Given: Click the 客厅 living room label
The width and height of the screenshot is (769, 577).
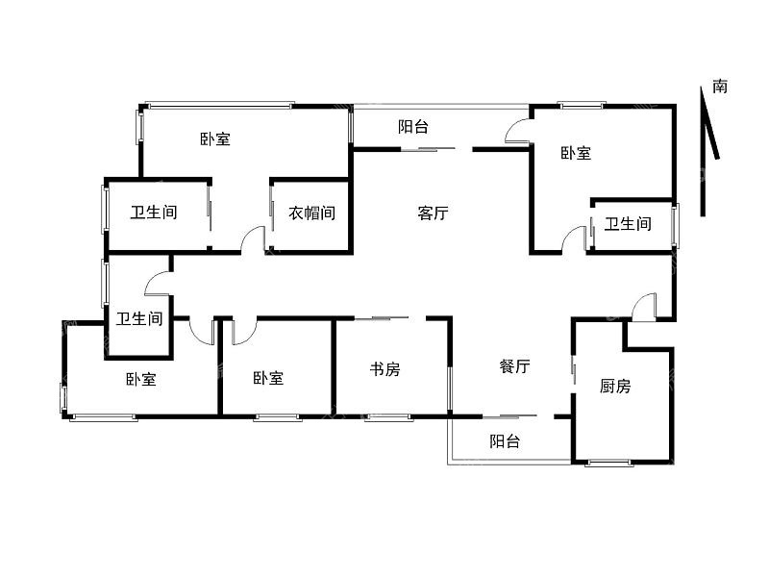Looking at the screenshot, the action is [433, 213].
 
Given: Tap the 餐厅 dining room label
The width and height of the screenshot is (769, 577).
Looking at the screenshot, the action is [514, 366].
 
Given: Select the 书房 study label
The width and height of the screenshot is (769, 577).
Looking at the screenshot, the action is [385, 368].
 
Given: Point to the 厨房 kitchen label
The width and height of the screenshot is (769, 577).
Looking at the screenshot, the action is [615, 387].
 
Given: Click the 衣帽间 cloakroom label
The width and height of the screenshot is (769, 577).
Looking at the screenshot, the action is [311, 213].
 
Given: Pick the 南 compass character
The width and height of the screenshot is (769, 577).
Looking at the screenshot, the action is [720, 87].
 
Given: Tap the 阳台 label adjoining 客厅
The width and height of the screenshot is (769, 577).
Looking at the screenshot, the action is [413, 127].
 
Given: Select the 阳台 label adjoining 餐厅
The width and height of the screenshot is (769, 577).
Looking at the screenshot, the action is [505, 440].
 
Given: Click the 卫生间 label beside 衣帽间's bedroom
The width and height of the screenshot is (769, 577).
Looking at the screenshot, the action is [154, 213].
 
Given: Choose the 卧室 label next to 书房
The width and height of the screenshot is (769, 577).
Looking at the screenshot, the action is [268, 378].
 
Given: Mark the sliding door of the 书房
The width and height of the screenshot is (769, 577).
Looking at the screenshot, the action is [382, 318].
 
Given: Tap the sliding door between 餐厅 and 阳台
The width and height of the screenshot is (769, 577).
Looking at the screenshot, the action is [509, 417].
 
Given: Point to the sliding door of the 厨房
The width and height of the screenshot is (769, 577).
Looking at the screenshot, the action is [574, 368].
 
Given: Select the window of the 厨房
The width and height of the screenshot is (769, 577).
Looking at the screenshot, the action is [609, 463].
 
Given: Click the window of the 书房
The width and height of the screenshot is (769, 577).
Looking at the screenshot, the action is [388, 417].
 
